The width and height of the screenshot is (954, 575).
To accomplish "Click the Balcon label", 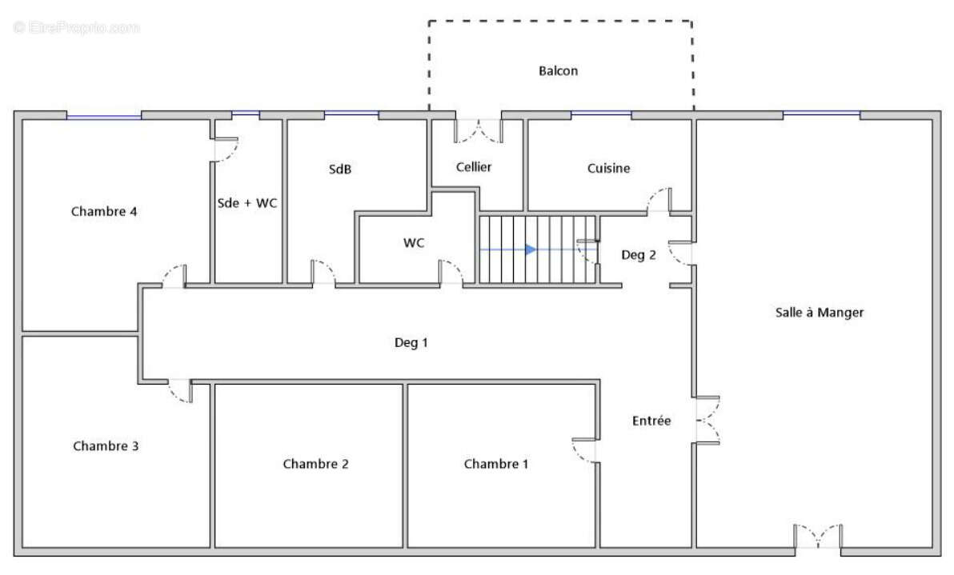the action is (558, 71).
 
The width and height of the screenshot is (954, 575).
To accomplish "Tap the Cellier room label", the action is (473, 167).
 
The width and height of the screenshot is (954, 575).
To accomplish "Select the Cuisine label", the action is (608, 169).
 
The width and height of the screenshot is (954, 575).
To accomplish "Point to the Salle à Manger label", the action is (819, 313).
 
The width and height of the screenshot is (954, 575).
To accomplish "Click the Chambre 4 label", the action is (104, 211).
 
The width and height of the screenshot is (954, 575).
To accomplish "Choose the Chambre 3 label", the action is (106, 446).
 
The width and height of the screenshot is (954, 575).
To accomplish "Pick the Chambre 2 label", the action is (316, 465).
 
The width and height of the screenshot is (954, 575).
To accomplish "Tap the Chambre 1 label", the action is (496, 465).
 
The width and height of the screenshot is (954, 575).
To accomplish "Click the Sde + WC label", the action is (247, 203).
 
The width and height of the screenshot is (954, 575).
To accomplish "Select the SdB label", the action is (340, 169).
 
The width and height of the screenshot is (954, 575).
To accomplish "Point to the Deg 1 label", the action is (411, 343).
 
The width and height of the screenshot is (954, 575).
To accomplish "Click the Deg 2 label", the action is (638, 255).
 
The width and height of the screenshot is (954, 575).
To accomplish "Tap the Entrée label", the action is (651, 421).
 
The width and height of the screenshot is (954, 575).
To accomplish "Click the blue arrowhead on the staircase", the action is (531, 250).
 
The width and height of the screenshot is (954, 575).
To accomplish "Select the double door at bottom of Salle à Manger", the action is (818, 536).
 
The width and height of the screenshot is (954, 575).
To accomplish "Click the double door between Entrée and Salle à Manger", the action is (708, 421).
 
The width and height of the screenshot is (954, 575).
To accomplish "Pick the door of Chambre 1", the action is (585, 450).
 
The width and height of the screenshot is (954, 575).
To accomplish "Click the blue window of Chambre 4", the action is (104, 116).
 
